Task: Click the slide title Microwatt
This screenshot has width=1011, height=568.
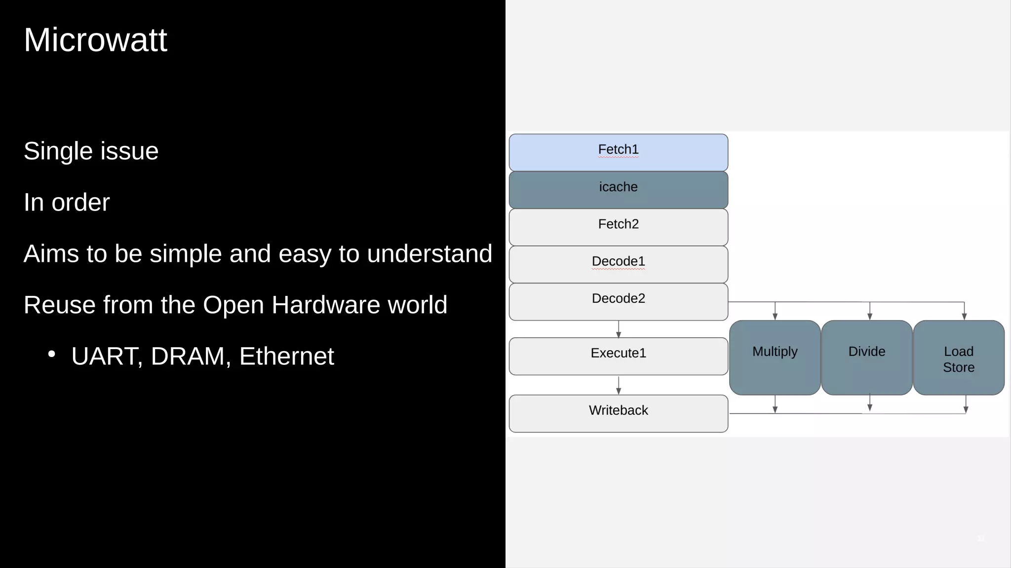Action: tap(95, 40)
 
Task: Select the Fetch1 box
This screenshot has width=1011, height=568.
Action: tap(618, 152)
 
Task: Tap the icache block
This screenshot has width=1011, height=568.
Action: tap(618, 190)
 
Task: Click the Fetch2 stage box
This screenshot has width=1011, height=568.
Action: tap(618, 227)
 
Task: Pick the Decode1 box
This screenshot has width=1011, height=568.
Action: tap(618, 264)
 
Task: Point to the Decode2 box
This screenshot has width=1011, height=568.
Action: tap(618, 301)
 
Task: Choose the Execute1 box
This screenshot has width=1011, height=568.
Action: tap(618, 356)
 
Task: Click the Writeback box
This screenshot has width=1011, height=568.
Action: tap(618, 413)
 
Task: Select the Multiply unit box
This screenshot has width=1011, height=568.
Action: tap(775, 357)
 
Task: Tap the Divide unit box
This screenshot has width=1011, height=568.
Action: tap(866, 357)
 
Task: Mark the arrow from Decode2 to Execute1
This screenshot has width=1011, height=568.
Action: tap(619, 329)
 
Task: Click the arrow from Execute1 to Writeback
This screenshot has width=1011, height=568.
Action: tap(619, 385)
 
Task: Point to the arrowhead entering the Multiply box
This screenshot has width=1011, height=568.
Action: tap(775, 317)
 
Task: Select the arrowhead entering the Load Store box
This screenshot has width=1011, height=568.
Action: tap(964, 317)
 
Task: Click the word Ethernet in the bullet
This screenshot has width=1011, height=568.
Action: tap(286, 356)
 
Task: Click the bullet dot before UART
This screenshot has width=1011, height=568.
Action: tap(51, 354)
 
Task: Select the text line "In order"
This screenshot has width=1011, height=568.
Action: tap(67, 202)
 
